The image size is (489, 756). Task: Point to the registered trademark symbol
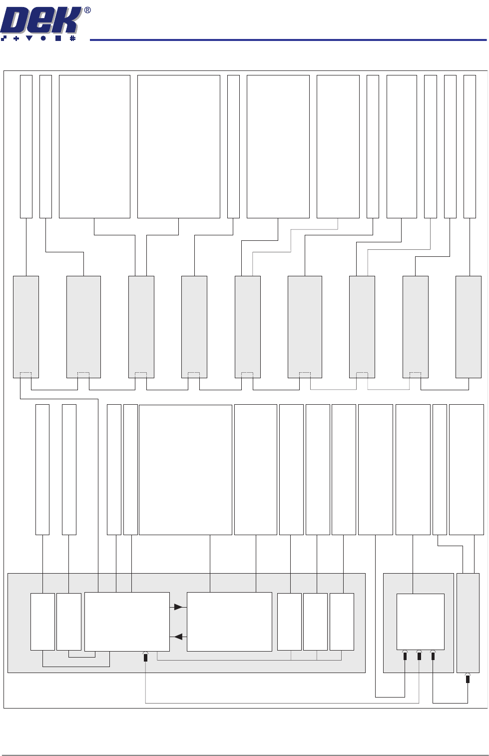click(87, 10)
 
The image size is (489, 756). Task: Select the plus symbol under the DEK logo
click(16, 38)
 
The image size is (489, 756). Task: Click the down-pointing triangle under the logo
click(29, 38)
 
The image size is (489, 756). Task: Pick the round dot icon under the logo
click(43, 38)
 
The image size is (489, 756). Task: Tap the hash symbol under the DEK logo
click(72, 38)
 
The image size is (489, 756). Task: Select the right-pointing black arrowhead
click(178, 607)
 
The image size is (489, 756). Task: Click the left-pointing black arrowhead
click(178, 637)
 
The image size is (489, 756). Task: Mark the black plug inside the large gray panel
click(145, 658)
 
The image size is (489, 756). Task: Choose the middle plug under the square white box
click(419, 656)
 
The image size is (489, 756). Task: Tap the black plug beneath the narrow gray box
click(468, 680)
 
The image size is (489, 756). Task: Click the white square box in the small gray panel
click(420, 621)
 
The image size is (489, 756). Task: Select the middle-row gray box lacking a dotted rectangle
click(468, 327)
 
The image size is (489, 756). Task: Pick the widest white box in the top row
click(178, 146)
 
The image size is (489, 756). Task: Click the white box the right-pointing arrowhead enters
click(229, 622)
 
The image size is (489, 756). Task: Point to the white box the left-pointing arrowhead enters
click(127, 622)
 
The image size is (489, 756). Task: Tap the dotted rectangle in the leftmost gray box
click(25, 375)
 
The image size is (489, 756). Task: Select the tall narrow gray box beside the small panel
click(468, 622)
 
